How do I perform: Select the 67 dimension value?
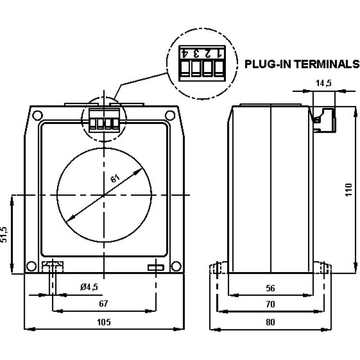point(103,304)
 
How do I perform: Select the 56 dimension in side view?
point(271,289)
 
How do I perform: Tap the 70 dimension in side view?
point(271,304)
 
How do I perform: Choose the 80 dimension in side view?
point(271,322)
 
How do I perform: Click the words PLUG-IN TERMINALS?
point(301,64)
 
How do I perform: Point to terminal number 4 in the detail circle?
point(184,53)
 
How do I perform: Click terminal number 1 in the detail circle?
point(220,53)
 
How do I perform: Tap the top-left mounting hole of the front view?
point(37,115)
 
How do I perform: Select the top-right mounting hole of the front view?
point(170,115)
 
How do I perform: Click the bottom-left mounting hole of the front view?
point(31,266)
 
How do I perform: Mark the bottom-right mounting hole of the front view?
point(176,266)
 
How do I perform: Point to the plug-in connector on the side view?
point(322,118)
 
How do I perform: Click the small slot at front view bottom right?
point(155,267)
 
